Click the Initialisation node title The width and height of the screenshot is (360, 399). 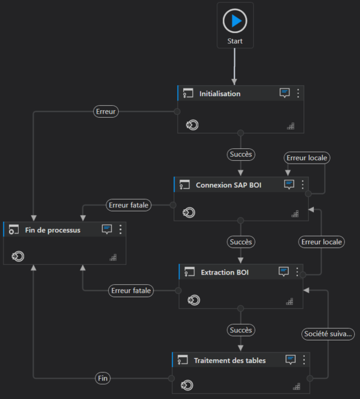pyautogui.click(x=220, y=94)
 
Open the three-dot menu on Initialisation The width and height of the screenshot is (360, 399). pyautogui.click(x=298, y=93)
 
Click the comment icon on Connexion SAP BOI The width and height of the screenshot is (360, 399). pyautogui.click(x=289, y=185)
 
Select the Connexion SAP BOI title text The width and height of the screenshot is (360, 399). pyautogui.click(x=229, y=185)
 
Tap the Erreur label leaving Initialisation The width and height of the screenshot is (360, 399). pyautogui.click(x=106, y=112)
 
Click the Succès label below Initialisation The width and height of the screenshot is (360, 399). pyautogui.click(x=241, y=154)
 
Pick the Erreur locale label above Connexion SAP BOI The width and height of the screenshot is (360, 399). pyautogui.click(x=307, y=157)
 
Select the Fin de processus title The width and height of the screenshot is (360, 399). pyautogui.click(x=52, y=230)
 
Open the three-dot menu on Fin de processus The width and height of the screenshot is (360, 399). pyautogui.click(x=121, y=230)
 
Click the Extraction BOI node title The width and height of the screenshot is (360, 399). pyautogui.click(x=225, y=272)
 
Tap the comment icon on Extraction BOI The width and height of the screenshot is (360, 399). pyautogui.click(x=284, y=272)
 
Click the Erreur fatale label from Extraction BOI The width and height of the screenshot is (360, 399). pyautogui.click(x=131, y=290)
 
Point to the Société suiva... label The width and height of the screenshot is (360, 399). pyautogui.click(x=327, y=334)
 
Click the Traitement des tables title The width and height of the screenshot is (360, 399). pyautogui.click(x=229, y=360)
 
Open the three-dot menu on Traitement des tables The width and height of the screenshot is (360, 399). pyautogui.click(x=304, y=360)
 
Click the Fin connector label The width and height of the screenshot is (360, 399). pyautogui.click(x=103, y=378)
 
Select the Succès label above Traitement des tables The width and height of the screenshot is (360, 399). pyautogui.click(x=241, y=330)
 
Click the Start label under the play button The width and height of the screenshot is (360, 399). pyautogui.click(x=235, y=41)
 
